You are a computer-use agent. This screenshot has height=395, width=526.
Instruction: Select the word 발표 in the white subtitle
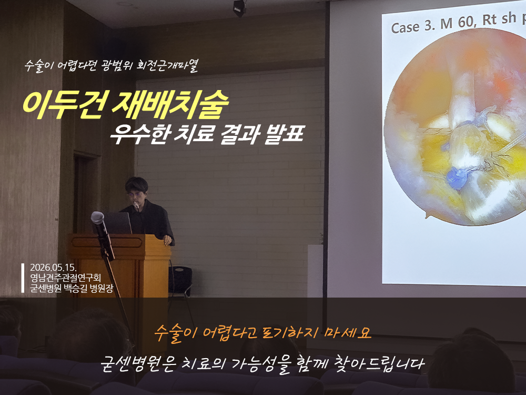[x=284, y=134]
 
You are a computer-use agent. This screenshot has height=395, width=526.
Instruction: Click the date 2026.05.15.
[x=53, y=268]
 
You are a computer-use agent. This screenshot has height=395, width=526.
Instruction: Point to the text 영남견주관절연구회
[x=65, y=278]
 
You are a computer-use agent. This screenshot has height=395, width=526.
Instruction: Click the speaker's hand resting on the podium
[x=167, y=240]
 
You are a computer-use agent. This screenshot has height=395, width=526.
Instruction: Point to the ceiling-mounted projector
[x=239, y=7]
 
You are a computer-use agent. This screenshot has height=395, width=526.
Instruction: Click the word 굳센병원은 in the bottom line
[x=138, y=364]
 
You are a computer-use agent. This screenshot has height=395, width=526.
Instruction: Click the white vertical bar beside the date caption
[x=23, y=278]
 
